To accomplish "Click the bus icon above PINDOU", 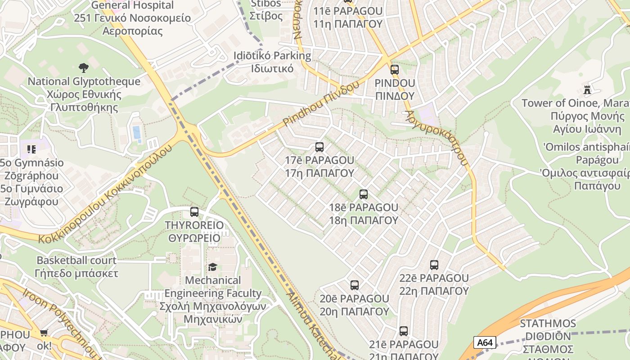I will [x=395, y=69].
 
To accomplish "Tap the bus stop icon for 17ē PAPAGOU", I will [x=319, y=147].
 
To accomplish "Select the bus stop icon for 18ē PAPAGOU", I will [x=363, y=194].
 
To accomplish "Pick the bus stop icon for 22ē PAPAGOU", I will [x=434, y=265].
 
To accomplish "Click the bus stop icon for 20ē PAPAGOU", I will [x=354, y=285].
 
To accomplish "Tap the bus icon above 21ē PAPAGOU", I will [x=403, y=331].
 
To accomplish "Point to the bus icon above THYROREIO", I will [x=194, y=211].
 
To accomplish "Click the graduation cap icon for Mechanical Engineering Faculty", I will [x=212, y=267].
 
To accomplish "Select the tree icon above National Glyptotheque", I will [x=83, y=68].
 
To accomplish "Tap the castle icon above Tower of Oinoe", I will [x=587, y=90].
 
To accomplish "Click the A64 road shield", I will [x=485, y=342].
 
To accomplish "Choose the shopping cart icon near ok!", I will [x=44, y=333].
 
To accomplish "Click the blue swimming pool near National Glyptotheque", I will [x=136, y=133].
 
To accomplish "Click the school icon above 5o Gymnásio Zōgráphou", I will [x=31, y=148].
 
